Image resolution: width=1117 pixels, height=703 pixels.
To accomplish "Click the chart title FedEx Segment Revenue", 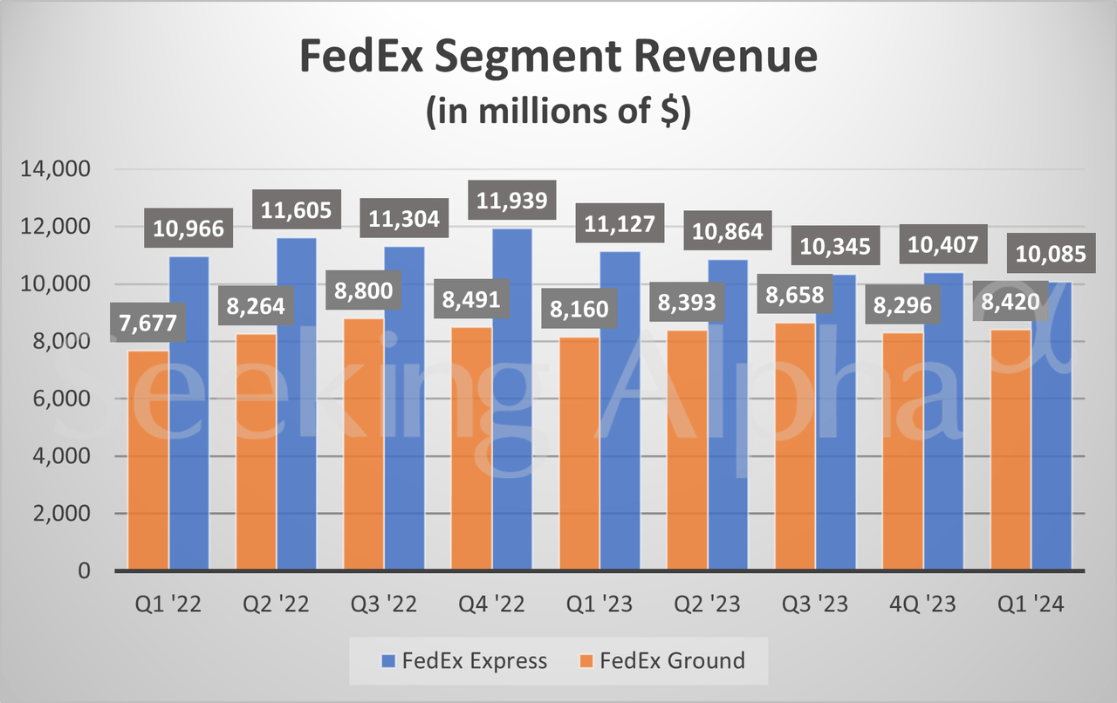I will pos(558,58).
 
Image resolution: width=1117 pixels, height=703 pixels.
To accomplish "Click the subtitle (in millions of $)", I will pos(558,114).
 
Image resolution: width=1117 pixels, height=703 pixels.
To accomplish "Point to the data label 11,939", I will pos(512,201).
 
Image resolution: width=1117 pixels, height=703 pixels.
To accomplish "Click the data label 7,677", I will pos(147,324).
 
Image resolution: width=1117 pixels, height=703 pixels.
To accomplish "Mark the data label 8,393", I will pos(685,303).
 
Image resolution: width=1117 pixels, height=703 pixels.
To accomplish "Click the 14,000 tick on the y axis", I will pos(54,169).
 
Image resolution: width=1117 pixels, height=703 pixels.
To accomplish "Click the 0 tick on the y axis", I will pos(84,571).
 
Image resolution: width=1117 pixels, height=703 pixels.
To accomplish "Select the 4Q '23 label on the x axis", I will pos(923,605).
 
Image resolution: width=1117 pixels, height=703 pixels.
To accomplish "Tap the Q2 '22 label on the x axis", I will pos(275,605).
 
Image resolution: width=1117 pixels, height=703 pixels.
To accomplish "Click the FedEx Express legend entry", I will pos(463,661).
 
